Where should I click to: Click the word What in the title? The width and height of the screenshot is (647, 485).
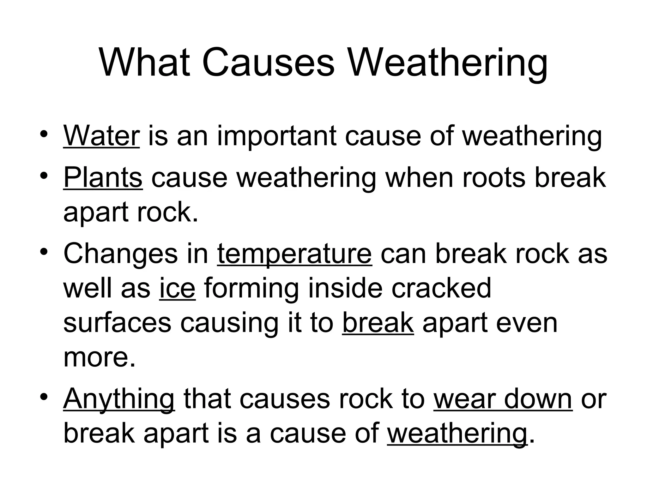point(145,62)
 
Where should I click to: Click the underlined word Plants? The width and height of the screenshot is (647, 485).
point(103,178)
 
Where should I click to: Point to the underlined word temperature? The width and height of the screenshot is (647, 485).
point(294,254)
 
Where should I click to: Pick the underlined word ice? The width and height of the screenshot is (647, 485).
point(177,288)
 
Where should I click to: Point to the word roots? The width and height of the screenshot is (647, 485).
point(494,178)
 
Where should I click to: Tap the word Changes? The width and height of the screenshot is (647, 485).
point(120,254)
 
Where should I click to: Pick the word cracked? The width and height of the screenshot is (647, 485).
point(441,288)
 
